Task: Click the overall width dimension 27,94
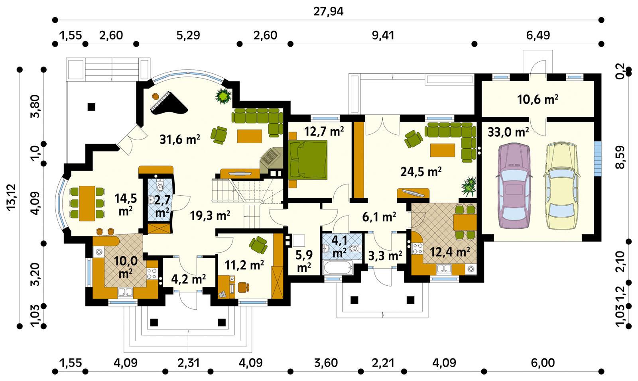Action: (x=328, y=12)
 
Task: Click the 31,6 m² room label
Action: (x=180, y=139)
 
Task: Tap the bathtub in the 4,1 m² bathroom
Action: (x=338, y=267)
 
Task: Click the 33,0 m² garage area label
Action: (x=508, y=132)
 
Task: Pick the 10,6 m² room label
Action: (x=537, y=100)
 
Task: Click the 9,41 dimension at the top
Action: (x=382, y=35)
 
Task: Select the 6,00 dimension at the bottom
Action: (x=543, y=363)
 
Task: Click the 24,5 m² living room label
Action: (x=421, y=172)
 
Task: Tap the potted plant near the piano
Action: (x=223, y=96)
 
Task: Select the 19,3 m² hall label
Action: (x=210, y=216)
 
